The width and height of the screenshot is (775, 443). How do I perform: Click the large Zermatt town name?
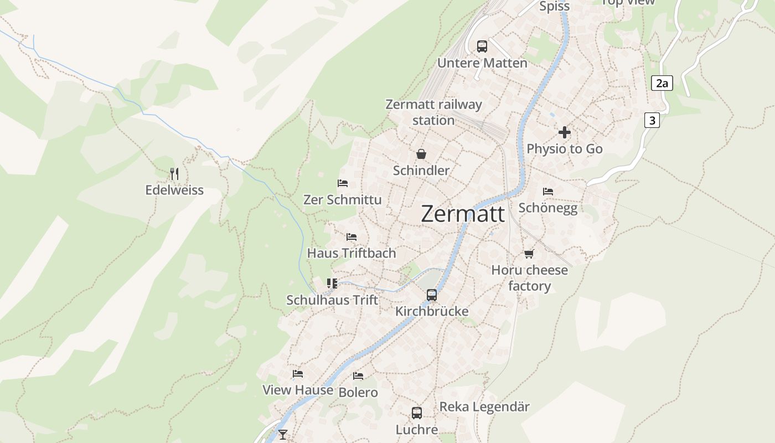(x=463, y=214)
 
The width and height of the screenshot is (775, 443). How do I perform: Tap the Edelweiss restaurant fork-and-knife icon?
(x=174, y=174)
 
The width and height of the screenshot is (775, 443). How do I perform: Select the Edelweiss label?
(x=174, y=190)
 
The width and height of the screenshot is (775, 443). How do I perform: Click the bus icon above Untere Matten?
(x=482, y=46)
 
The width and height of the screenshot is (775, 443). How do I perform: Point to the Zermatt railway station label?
(x=433, y=112)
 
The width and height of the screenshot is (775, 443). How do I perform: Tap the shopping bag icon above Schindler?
(x=421, y=154)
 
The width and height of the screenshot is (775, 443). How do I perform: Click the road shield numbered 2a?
(x=662, y=84)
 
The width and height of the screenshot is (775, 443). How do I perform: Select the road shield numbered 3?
(x=652, y=120)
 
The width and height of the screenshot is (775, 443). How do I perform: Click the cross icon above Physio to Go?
(x=565, y=133)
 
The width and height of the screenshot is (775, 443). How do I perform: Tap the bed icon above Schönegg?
(x=548, y=192)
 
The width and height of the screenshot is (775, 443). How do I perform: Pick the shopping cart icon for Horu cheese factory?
(x=529, y=254)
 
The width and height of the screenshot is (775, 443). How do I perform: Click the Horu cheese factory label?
(x=530, y=278)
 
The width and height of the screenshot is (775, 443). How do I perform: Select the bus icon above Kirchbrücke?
(x=432, y=295)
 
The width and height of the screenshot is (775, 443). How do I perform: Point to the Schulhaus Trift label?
(x=332, y=300)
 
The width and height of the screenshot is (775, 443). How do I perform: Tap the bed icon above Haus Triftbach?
(x=352, y=237)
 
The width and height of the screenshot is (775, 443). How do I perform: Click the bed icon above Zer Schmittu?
(x=343, y=183)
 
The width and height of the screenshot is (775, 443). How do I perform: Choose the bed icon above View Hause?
(x=298, y=374)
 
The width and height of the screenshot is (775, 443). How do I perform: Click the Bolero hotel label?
(x=358, y=393)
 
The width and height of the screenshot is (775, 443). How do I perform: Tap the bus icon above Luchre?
(x=417, y=413)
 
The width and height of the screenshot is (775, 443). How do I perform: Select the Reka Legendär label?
(x=484, y=407)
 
